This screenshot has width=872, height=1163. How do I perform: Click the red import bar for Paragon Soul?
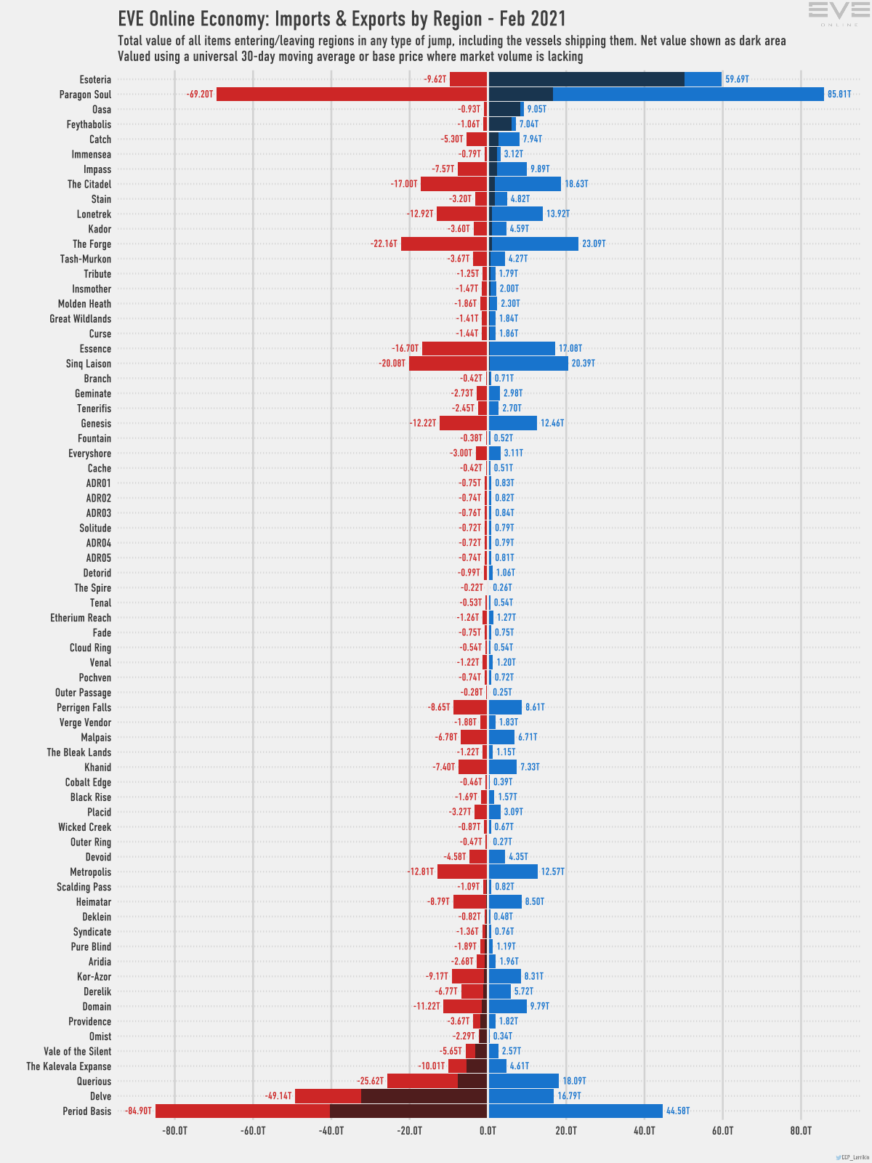(x=352, y=94)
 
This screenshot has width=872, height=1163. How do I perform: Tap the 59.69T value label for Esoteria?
(x=737, y=79)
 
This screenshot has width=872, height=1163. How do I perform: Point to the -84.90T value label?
(x=138, y=1111)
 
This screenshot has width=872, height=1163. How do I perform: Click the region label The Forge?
(x=92, y=244)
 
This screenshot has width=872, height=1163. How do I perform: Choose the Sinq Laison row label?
(x=89, y=363)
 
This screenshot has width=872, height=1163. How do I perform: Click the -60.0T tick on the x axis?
(x=253, y=1131)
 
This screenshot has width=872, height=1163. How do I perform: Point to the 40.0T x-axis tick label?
(x=645, y=1131)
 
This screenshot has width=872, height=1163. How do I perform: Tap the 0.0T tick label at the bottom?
(x=488, y=1131)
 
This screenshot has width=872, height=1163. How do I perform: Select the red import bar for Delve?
(x=327, y=1096)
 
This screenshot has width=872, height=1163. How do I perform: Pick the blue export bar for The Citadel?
(x=528, y=184)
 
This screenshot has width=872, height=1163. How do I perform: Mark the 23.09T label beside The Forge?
(x=594, y=244)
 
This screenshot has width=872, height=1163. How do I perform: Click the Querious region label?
(x=94, y=1082)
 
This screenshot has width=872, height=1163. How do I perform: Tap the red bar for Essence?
(x=454, y=349)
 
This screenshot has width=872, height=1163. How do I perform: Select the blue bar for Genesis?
(x=513, y=423)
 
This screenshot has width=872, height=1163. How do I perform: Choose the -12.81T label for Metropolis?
(x=421, y=872)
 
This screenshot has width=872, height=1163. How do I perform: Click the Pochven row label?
(x=95, y=677)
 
